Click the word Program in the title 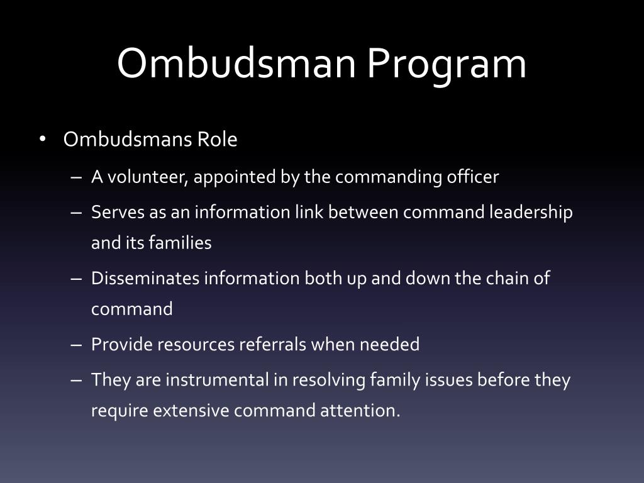pos(447,64)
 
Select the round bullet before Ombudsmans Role pos(43,139)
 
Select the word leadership pos(531,213)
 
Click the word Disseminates pos(145,279)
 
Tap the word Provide pos(121,345)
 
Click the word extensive pos(192,411)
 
